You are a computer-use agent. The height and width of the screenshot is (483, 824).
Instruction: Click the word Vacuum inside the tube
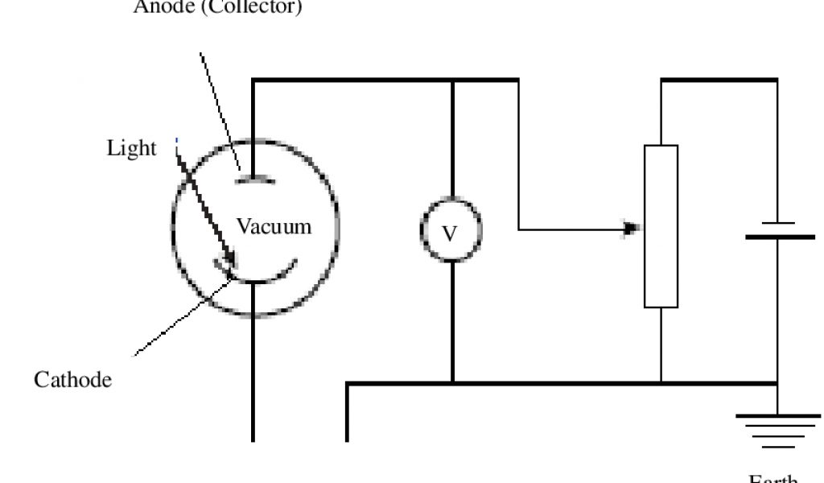click(274, 226)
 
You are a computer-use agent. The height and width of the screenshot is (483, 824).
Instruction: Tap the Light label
click(131, 149)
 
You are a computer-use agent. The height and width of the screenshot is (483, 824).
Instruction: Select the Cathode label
click(72, 380)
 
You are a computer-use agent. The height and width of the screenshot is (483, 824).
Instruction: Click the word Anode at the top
click(161, 8)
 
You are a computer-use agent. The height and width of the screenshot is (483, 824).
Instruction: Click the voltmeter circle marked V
click(451, 232)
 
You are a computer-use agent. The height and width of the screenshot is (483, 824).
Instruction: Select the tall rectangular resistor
click(661, 226)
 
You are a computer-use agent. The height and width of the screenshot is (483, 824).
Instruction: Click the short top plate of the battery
click(777, 221)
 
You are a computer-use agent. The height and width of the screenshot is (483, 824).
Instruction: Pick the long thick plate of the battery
click(779, 237)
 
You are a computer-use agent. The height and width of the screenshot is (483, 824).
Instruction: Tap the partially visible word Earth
click(772, 478)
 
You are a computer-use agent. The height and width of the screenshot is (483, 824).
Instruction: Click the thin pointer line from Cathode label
click(177, 322)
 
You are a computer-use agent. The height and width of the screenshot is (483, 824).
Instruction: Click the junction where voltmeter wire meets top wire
click(452, 80)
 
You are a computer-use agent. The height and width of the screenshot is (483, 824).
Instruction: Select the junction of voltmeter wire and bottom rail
click(452, 382)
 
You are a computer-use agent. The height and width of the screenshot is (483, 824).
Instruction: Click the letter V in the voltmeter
click(451, 233)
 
